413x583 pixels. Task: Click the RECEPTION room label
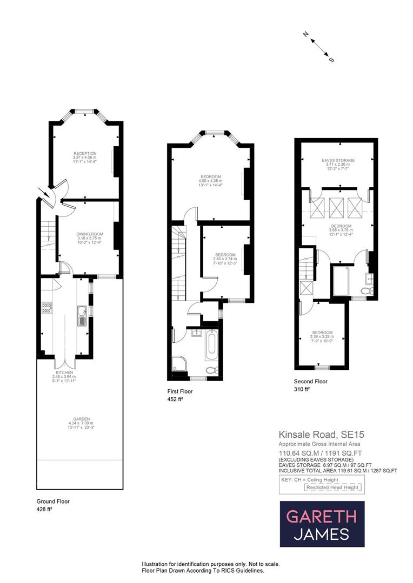point(84,153)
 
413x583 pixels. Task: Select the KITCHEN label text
point(63,372)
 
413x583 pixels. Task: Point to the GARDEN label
point(79,419)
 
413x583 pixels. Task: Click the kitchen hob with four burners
point(46,308)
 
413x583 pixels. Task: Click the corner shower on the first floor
point(179,365)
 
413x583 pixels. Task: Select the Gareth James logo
point(322,524)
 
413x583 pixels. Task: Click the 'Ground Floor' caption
point(53,501)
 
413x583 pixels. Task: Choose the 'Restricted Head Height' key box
point(332,487)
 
